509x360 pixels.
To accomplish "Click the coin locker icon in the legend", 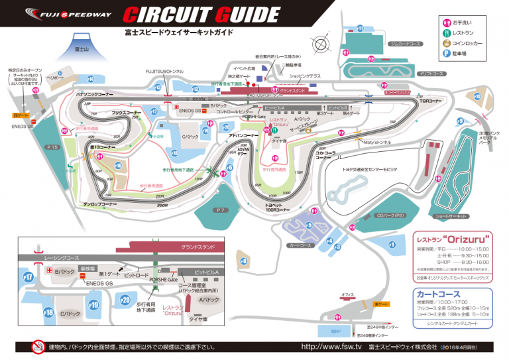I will click(x=445, y=43).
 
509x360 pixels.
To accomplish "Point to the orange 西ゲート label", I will click(x=21, y=115).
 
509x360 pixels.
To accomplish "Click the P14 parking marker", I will click(x=91, y=79).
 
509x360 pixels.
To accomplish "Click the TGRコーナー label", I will click(x=430, y=101).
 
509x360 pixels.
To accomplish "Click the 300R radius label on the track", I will click(x=162, y=205).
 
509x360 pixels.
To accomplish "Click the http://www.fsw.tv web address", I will click(x=331, y=347).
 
